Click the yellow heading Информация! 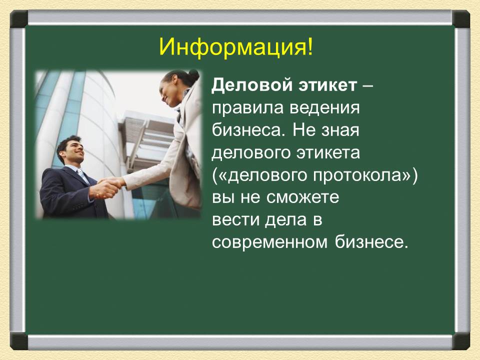point(236,47)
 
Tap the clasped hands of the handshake point(108,187)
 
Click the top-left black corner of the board point(19,19)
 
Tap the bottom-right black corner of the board point(461,341)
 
